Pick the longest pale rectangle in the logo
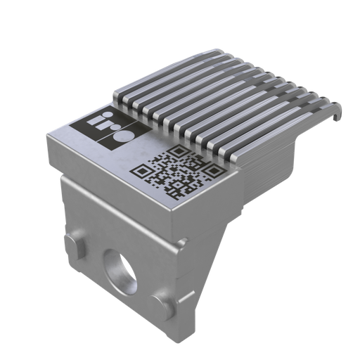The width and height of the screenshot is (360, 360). pyautogui.click(x=88, y=124)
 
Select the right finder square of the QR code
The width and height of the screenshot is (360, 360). pyautogui.click(x=207, y=169)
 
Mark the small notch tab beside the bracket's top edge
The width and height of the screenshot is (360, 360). pyautogui.click(x=184, y=242)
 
